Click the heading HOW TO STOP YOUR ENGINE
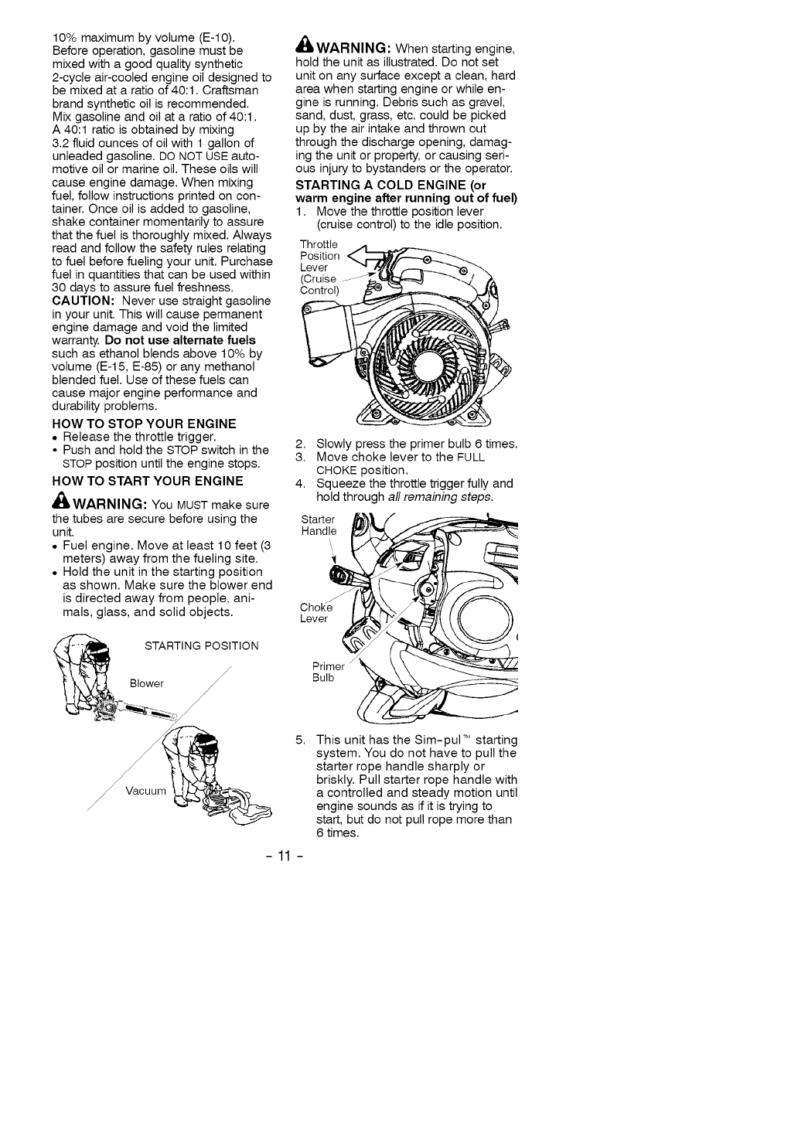(x=144, y=424)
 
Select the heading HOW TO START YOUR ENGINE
(x=147, y=481)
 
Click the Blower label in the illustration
(x=147, y=683)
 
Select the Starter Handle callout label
(x=319, y=525)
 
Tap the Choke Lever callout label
(x=315, y=613)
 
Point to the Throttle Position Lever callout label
(x=319, y=267)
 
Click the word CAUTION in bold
(x=84, y=301)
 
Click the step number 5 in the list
(x=301, y=740)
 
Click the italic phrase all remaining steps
(x=452, y=496)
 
